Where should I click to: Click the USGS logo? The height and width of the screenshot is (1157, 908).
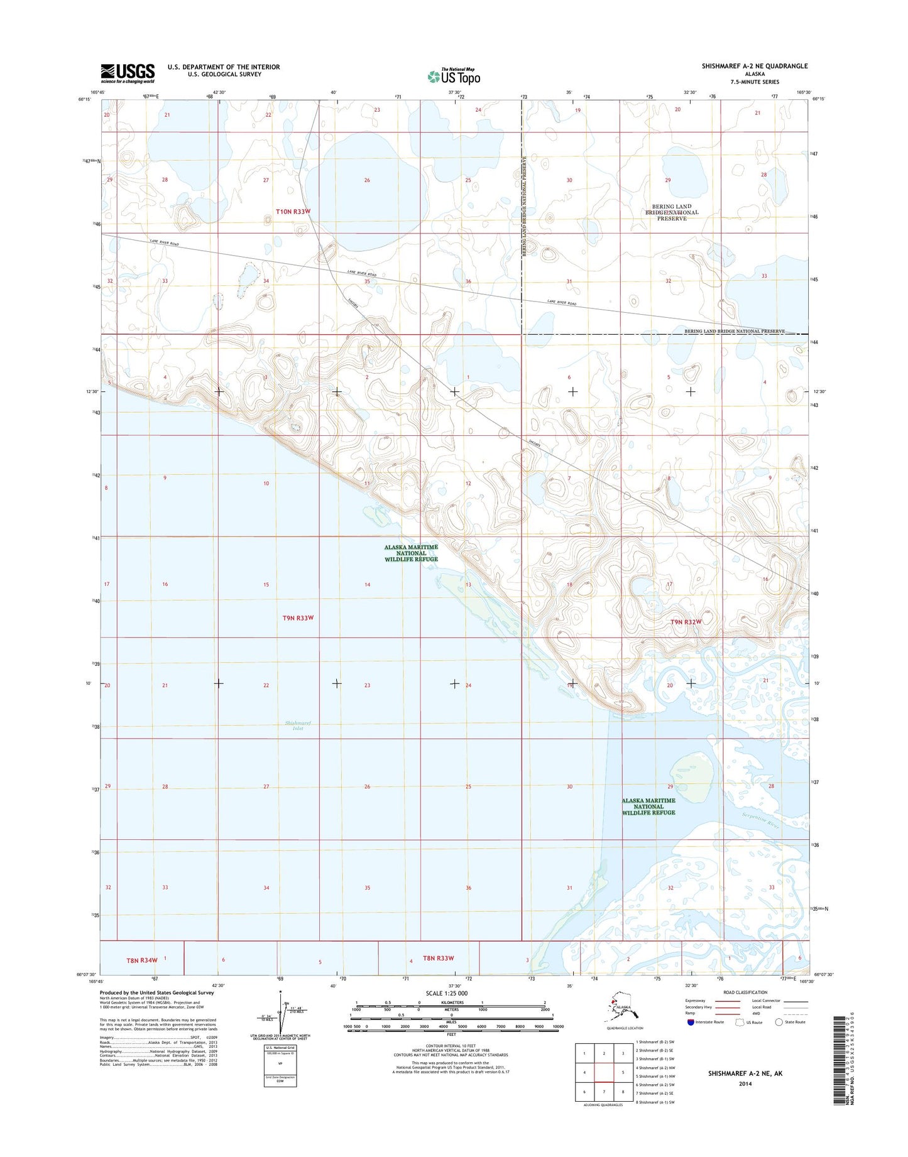(x=128, y=73)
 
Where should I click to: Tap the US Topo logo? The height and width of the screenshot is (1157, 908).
(x=454, y=76)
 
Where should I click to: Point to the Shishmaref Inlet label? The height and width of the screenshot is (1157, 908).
(x=298, y=725)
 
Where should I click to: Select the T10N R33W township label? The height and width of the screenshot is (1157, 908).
(x=293, y=212)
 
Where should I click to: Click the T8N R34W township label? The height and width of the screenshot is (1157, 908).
(x=142, y=960)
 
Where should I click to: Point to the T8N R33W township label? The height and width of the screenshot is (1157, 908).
(x=439, y=958)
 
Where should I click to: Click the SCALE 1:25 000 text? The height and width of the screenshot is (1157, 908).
(x=447, y=993)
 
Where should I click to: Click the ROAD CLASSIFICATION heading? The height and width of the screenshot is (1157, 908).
(x=745, y=992)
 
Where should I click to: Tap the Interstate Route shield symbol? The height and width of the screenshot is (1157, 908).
(x=691, y=1022)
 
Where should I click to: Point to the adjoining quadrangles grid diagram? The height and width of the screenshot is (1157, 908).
(x=603, y=1072)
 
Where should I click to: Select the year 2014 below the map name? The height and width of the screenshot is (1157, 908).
(x=745, y=1084)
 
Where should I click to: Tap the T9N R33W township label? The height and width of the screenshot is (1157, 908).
(x=298, y=618)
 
